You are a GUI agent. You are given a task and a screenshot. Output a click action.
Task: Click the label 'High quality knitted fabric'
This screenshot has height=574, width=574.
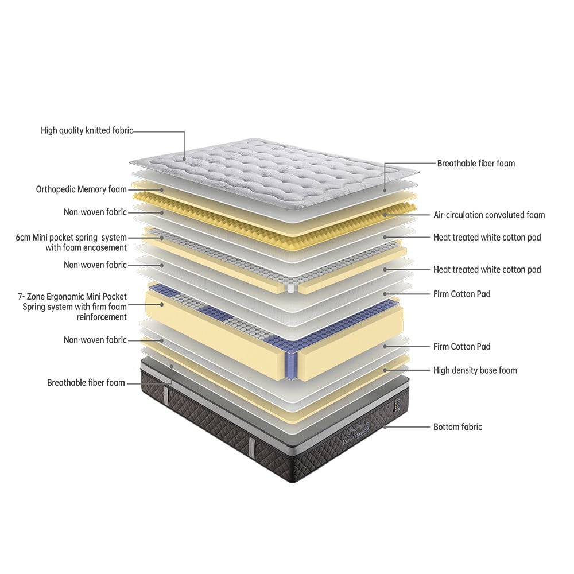coord(87,131)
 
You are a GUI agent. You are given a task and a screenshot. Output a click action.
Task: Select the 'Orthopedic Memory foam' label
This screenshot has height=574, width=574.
coord(81,189)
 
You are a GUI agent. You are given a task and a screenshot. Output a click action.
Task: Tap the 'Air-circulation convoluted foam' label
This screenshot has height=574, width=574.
coord(488,215)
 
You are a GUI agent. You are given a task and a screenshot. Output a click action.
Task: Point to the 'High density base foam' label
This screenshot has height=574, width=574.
coord(475,370)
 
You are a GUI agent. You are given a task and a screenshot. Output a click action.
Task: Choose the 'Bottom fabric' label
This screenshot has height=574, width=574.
coord(457,427)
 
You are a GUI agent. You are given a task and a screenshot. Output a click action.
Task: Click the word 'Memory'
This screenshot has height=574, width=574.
coord(93,189)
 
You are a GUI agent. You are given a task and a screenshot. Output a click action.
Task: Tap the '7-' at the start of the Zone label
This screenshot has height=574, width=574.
coord(22,297)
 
